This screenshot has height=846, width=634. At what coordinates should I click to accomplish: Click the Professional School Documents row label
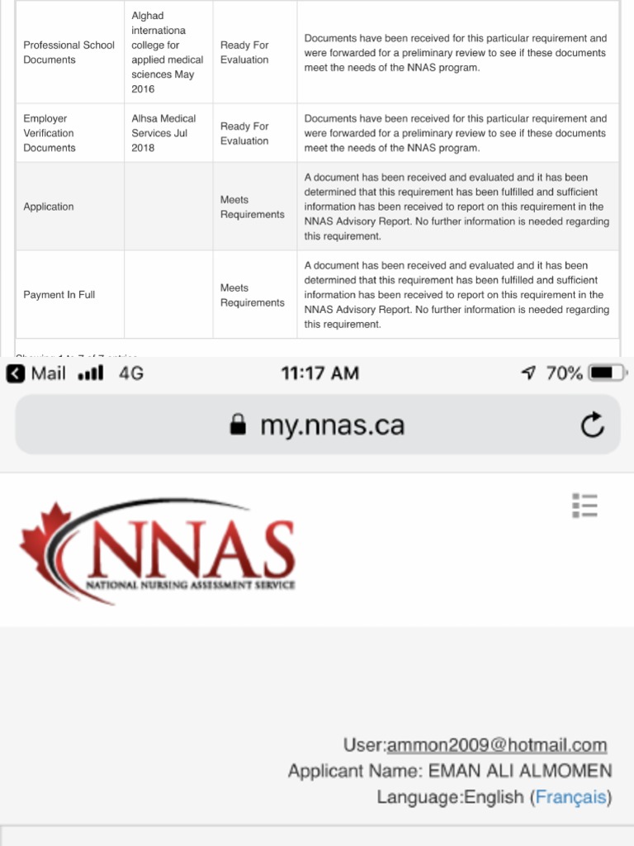[69, 52]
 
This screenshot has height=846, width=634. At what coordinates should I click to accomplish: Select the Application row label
[48, 207]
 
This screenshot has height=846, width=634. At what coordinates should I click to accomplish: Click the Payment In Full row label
[59, 295]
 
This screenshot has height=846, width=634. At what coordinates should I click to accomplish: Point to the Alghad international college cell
[167, 52]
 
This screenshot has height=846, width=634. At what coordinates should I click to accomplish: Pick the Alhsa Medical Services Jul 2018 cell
[163, 133]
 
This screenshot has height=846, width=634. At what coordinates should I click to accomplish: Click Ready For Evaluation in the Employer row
[244, 133]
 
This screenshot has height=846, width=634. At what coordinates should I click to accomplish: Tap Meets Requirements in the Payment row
[252, 295]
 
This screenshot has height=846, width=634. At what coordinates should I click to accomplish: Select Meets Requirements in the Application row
[252, 207]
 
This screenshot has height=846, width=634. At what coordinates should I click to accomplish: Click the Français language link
[571, 797]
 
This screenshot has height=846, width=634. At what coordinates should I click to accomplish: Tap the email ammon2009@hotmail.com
[497, 745]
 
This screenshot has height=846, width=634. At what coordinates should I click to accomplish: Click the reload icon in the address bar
[592, 425]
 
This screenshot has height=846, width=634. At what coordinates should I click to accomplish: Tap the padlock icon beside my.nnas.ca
[238, 425]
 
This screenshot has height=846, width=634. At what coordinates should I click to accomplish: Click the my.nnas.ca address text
[332, 425]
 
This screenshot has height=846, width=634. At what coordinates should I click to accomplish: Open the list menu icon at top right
[584, 505]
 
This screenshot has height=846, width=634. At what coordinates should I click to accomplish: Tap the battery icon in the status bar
[609, 373]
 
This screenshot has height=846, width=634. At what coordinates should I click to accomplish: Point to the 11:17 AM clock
[319, 373]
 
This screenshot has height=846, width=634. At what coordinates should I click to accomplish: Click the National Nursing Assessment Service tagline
[190, 585]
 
